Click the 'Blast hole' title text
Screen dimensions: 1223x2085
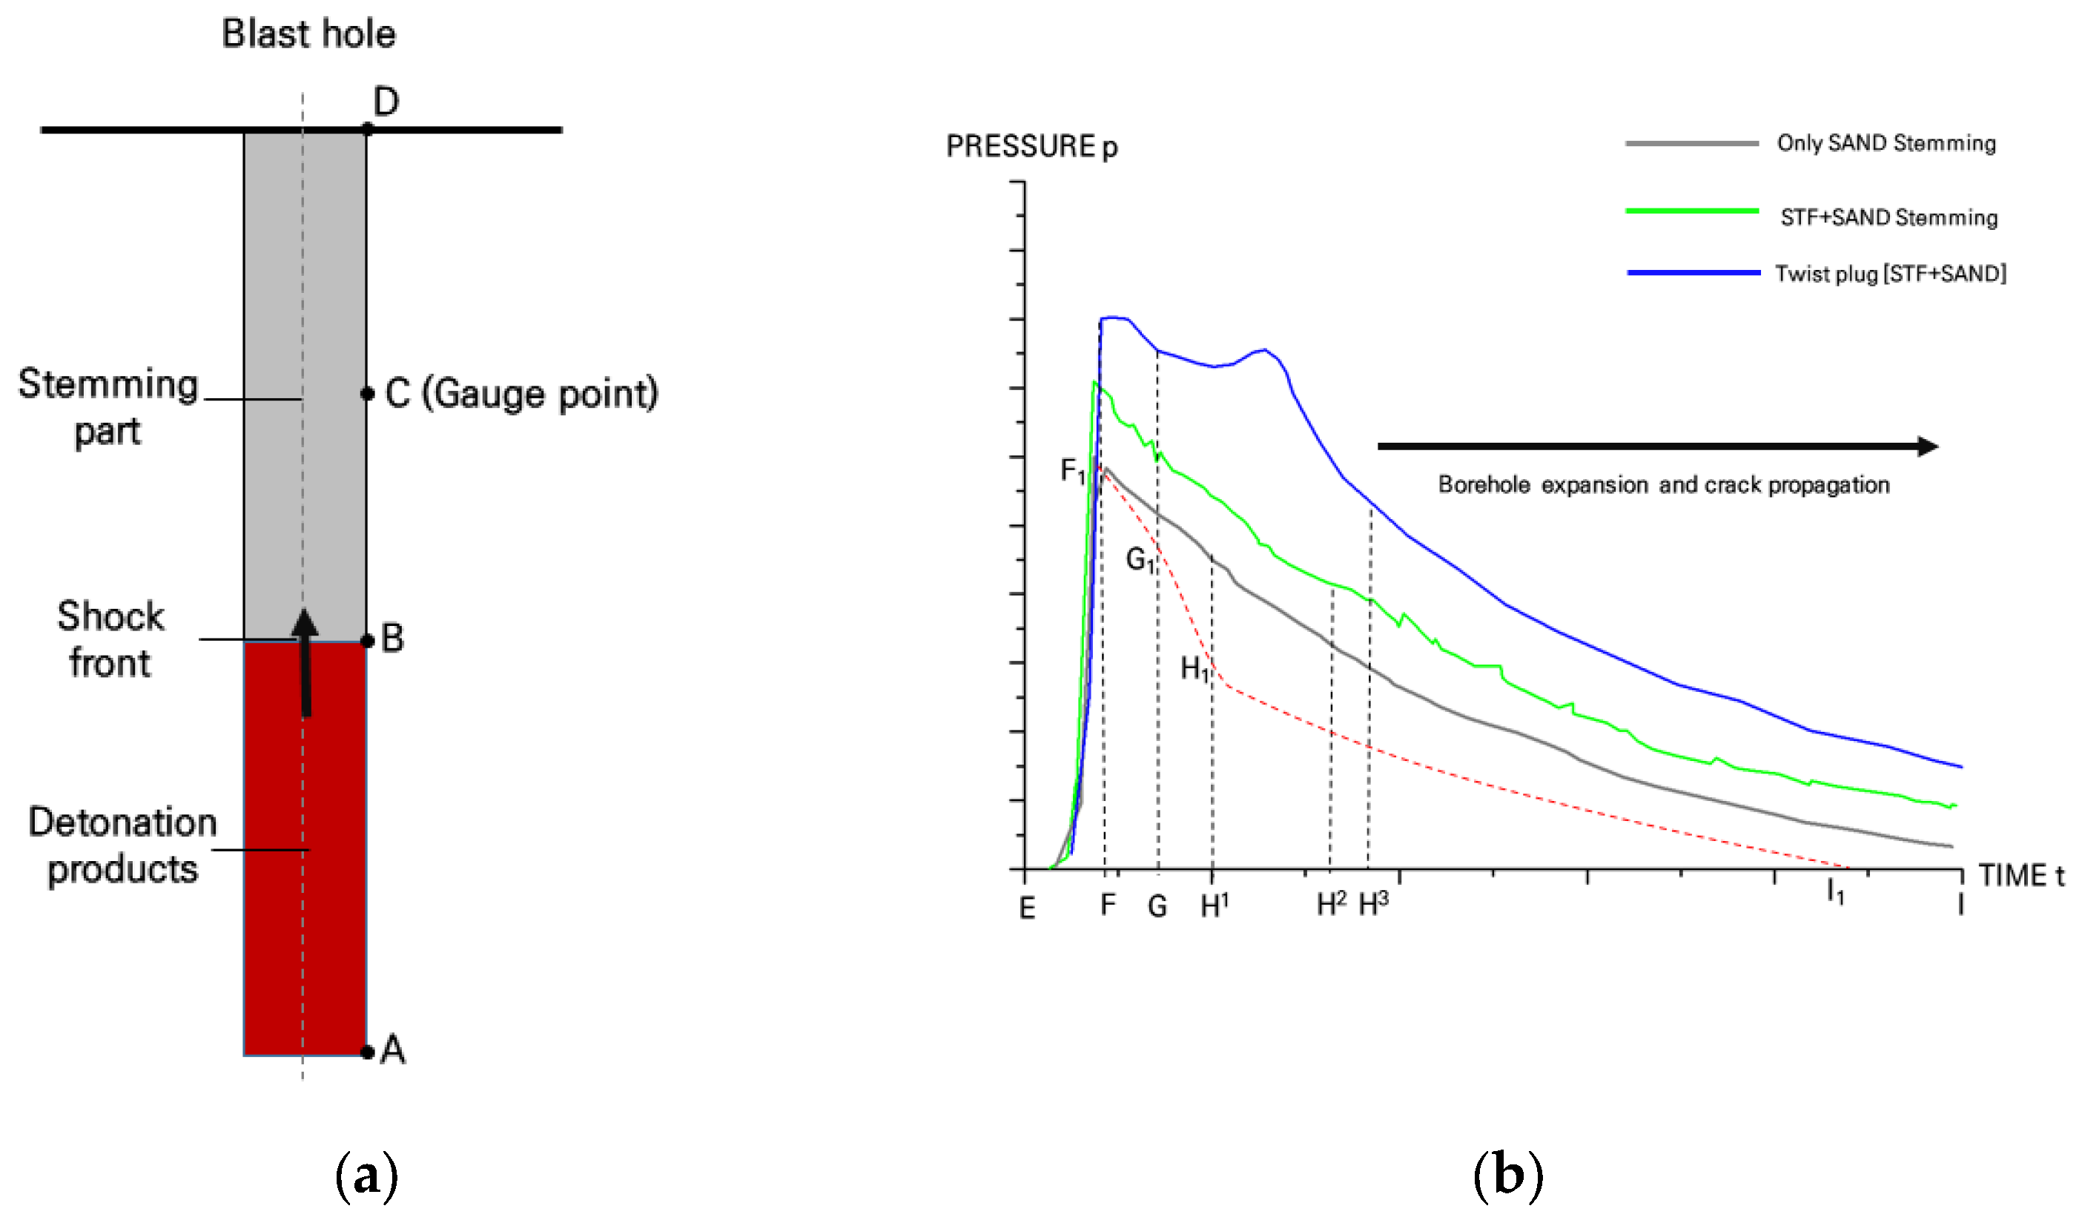point(308,34)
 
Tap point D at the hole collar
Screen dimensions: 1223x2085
point(367,129)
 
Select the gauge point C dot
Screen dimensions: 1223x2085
point(367,394)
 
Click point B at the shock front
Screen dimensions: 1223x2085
point(367,641)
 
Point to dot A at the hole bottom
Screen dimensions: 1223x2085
point(367,1052)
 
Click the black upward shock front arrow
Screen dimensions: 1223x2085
point(305,662)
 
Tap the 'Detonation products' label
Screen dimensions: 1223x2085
point(122,845)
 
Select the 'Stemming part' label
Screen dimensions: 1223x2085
point(108,407)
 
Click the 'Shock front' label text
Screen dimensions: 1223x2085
point(110,639)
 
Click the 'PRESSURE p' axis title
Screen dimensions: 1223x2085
point(1031,146)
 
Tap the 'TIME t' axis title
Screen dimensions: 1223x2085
point(2020,875)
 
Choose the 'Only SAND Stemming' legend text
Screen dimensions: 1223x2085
point(1886,143)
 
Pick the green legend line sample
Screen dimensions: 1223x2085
point(1691,211)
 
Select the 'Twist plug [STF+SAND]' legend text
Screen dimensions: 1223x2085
point(1890,274)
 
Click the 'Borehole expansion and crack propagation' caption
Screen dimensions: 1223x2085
point(1663,485)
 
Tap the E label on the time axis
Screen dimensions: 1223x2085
point(1027,909)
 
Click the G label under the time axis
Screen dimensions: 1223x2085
point(1157,907)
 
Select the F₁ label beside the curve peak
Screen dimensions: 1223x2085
point(1072,472)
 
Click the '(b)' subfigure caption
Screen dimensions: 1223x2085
point(1507,1175)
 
